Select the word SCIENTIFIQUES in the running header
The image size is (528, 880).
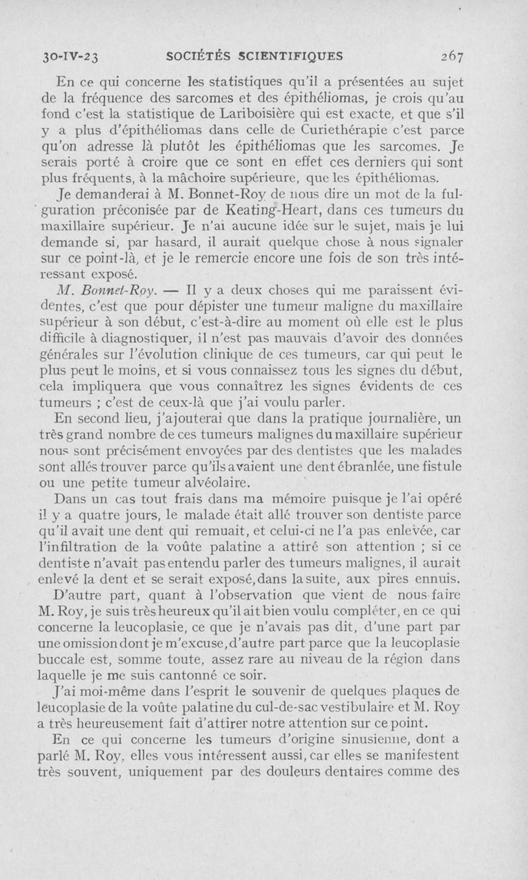pyautogui.click(x=292, y=56)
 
